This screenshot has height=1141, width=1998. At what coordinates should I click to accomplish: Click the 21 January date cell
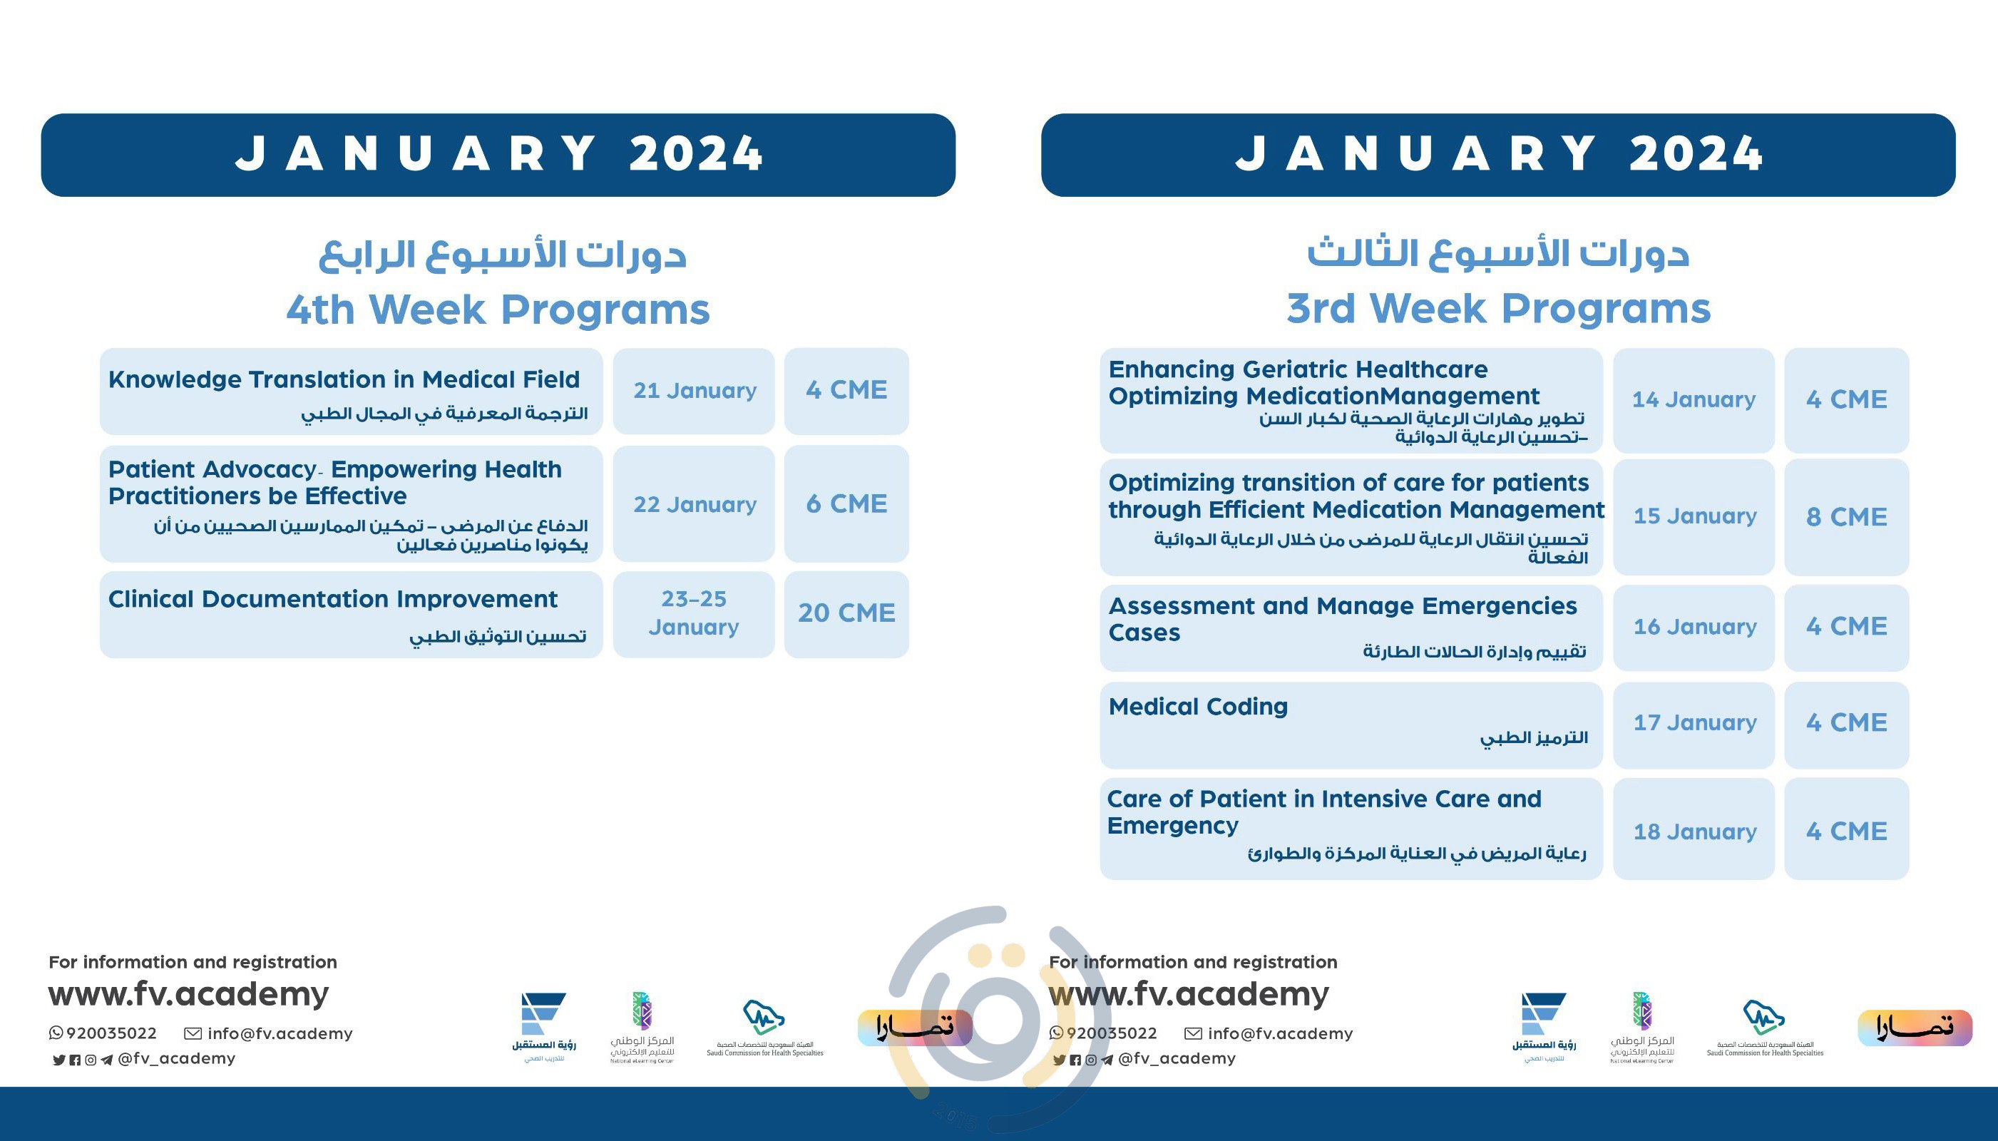(695, 390)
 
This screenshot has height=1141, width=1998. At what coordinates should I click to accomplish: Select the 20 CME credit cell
(846, 613)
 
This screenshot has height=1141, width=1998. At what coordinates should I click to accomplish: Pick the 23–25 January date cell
(695, 613)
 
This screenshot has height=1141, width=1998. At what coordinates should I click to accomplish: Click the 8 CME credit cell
(1846, 517)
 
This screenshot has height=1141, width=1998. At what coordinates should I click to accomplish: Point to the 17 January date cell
(1694, 722)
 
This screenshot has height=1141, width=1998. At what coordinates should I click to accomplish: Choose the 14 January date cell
(1694, 399)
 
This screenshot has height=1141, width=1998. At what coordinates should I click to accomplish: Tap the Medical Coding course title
(1198, 707)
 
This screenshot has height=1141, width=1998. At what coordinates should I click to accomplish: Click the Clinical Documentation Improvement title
(333, 600)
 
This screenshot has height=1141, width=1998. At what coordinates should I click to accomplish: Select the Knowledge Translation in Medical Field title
(344, 380)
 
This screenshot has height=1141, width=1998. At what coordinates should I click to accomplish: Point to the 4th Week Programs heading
(498, 309)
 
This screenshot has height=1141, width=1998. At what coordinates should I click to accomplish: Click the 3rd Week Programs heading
(1498, 308)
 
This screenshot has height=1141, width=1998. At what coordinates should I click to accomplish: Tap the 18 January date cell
(1694, 832)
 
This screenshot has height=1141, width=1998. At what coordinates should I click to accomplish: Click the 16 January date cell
(1694, 627)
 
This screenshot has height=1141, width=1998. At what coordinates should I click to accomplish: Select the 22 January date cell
(695, 505)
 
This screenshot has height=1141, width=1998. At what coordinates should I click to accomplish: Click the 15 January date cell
(1694, 516)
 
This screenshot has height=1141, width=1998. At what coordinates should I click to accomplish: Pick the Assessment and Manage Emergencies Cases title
(1341, 618)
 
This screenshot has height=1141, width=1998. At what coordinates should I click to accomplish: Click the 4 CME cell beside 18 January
(1846, 832)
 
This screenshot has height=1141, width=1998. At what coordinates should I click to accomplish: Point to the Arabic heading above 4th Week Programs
(502, 255)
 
